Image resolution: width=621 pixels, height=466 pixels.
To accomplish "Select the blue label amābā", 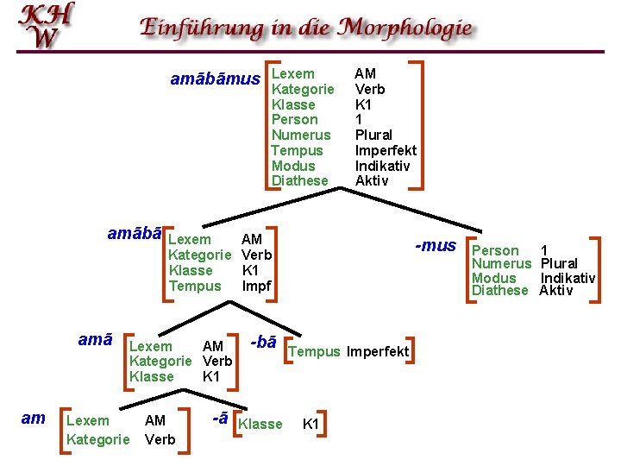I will (135, 234).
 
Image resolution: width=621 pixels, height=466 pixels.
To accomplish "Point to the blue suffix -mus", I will (436, 246).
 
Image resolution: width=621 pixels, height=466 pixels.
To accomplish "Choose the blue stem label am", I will (33, 419).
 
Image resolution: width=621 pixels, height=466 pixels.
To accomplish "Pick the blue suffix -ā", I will (220, 418).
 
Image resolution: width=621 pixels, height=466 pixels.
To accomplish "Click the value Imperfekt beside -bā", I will (378, 351).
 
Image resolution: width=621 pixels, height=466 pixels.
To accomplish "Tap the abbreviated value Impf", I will (257, 286).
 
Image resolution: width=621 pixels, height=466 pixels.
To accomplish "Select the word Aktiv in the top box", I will (372, 180).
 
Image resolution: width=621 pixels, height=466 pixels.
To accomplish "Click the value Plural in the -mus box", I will (559, 263).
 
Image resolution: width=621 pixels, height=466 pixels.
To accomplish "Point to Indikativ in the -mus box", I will (568, 278).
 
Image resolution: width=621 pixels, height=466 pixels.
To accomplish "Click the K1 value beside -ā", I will (311, 424).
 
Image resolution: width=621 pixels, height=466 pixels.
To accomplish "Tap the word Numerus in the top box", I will (301, 135).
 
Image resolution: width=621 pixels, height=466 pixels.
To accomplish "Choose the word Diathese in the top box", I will (300, 180).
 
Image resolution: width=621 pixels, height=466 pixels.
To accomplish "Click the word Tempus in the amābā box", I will (195, 286).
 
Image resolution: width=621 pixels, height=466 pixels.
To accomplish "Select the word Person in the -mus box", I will (495, 250).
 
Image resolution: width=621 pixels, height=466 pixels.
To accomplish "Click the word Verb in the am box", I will (160, 439).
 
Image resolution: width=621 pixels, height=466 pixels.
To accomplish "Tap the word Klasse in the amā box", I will (151, 376).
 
